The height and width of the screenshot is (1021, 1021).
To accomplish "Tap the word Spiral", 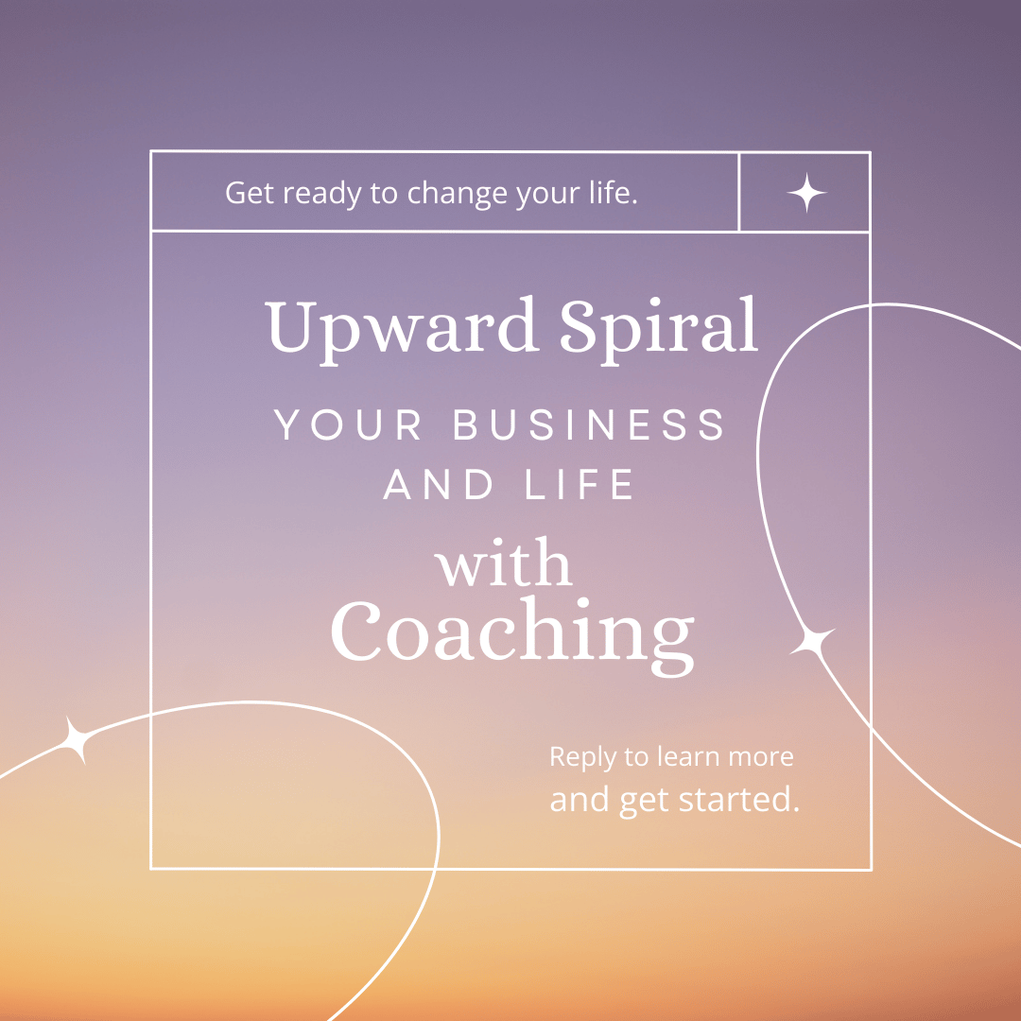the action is point(659,330).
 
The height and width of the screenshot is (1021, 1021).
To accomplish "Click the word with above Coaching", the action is point(503,562).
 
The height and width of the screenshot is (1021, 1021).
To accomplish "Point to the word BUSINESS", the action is point(589,425).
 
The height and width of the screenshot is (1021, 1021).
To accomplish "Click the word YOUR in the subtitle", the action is point(347,425).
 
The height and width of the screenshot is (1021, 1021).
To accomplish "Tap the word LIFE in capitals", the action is point(579,484).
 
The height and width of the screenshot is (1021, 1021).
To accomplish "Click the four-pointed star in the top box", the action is point(806,193).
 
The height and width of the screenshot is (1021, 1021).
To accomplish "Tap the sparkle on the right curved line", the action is point(812,641).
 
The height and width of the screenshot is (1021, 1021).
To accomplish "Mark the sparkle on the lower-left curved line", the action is point(77,740).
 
